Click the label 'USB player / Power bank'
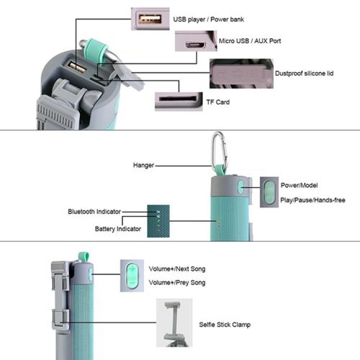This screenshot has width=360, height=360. pyautogui.click(x=208, y=19)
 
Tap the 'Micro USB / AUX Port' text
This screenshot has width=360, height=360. pyautogui.click(x=250, y=41)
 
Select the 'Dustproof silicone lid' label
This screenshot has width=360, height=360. pyautogui.click(x=304, y=73)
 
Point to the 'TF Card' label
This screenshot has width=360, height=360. pyautogui.click(x=218, y=102)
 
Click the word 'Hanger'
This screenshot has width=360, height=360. pyautogui.click(x=143, y=166)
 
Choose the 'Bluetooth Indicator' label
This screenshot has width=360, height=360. pyautogui.click(x=94, y=212)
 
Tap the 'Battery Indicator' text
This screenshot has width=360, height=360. pyautogui.click(x=118, y=229)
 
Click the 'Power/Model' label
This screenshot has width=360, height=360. pyautogui.click(x=299, y=185)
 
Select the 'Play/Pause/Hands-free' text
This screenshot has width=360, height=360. pyautogui.click(x=312, y=200)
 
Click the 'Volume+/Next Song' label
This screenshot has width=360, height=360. pyautogui.click(x=177, y=269)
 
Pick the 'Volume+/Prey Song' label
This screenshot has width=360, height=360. pyautogui.click(x=177, y=283)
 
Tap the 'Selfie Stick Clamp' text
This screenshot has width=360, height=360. pyautogui.click(x=225, y=325)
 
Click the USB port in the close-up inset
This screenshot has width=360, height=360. pyautogui.click(x=150, y=19)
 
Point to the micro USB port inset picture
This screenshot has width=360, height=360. pyautogui.click(x=196, y=41)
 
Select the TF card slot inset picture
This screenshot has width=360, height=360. pyautogui.click(x=179, y=102)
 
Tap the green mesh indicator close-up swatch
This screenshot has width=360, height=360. pyautogui.click(x=158, y=221)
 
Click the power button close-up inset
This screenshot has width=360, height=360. pyautogui.click(x=269, y=192)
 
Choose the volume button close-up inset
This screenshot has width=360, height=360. pyautogui.click(x=132, y=276)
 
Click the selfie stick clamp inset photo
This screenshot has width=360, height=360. pyautogui.click(x=174, y=323)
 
